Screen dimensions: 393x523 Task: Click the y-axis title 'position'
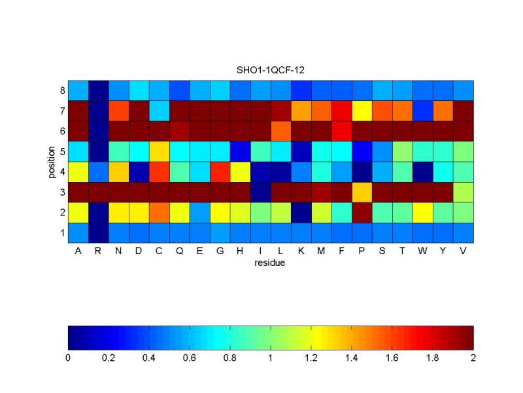click(52, 161)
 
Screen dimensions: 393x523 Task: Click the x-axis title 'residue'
click(271, 263)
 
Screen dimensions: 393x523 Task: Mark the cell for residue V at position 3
click(464, 191)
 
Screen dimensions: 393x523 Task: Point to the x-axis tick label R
click(99, 250)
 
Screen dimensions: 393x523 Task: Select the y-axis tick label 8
click(61, 90)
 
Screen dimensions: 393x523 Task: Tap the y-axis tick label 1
click(61, 233)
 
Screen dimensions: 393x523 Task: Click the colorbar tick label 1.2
click(311, 358)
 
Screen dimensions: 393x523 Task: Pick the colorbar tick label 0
click(68, 358)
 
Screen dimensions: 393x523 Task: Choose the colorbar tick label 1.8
click(433, 358)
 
